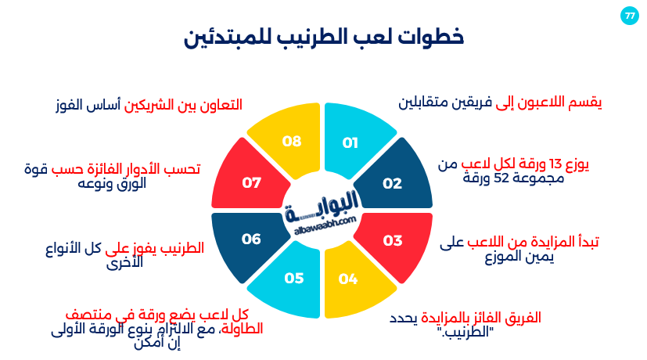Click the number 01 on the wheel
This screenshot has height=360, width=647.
tap(350, 143)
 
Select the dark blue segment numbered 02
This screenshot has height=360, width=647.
tap(394, 178)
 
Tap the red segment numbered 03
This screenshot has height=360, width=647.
tap(394, 243)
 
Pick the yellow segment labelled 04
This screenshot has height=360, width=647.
tap(355, 281)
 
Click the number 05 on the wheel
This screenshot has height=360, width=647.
tap(294, 279)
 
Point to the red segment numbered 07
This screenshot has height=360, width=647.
tap(250, 178)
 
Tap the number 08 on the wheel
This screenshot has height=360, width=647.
tap(292, 142)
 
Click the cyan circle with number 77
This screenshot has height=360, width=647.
tap(630, 16)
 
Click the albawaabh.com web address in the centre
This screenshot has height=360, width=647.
tap(325, 226)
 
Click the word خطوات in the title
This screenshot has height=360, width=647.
tap(431, 37)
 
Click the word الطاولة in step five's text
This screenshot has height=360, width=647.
tap(243, 329)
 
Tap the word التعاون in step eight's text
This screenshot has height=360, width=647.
tap(221, 104)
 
